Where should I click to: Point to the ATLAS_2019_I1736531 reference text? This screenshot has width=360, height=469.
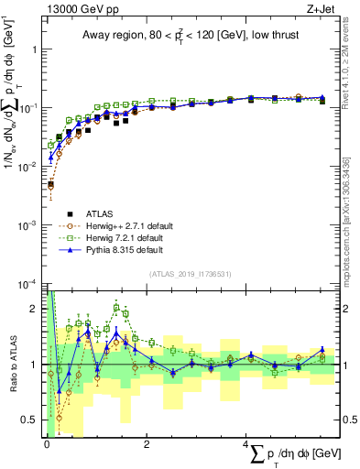[189, 273]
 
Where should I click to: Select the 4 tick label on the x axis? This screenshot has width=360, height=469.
[246, 444]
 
